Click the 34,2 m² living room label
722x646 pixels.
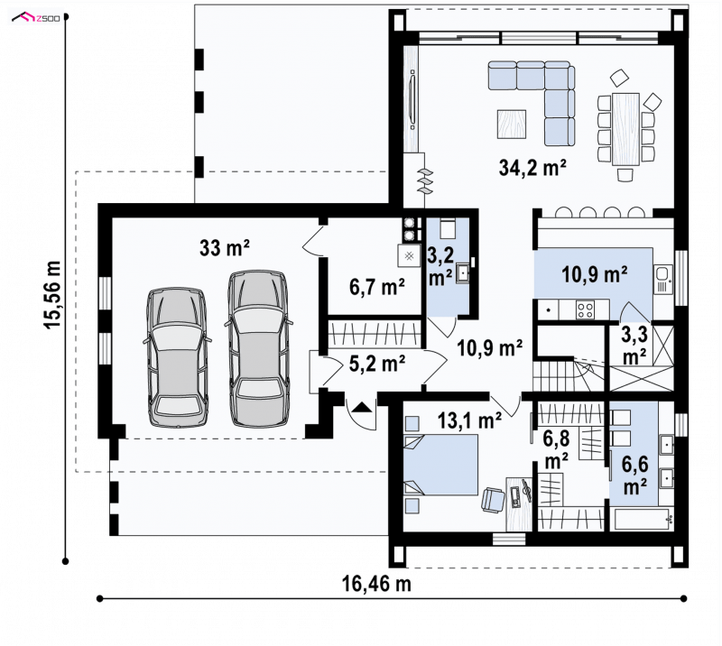point(532,168)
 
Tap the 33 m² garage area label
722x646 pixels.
point(224,248)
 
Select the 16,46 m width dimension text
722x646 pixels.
point(376,584)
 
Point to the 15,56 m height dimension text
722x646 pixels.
point(53,295)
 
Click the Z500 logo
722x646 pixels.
point(36,18)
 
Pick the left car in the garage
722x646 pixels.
point(175,358)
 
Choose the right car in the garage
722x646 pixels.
point(258,348)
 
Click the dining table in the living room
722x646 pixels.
point(625,129)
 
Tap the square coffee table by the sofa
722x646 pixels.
point(511,124)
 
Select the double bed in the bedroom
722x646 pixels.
point(440,465)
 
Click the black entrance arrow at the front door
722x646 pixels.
point(362,407)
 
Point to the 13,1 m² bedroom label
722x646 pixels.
point(469,420)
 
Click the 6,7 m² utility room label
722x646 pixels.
point(377,287)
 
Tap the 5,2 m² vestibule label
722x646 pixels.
point(377,364)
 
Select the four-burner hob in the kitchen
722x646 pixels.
point(585,309)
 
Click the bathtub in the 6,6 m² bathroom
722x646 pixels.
point(643,520)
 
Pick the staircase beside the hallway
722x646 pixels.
point(569,373)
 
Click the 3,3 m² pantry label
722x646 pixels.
point(634,346)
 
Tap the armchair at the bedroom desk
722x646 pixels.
point(493,500)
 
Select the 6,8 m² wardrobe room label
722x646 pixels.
point(556,450)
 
